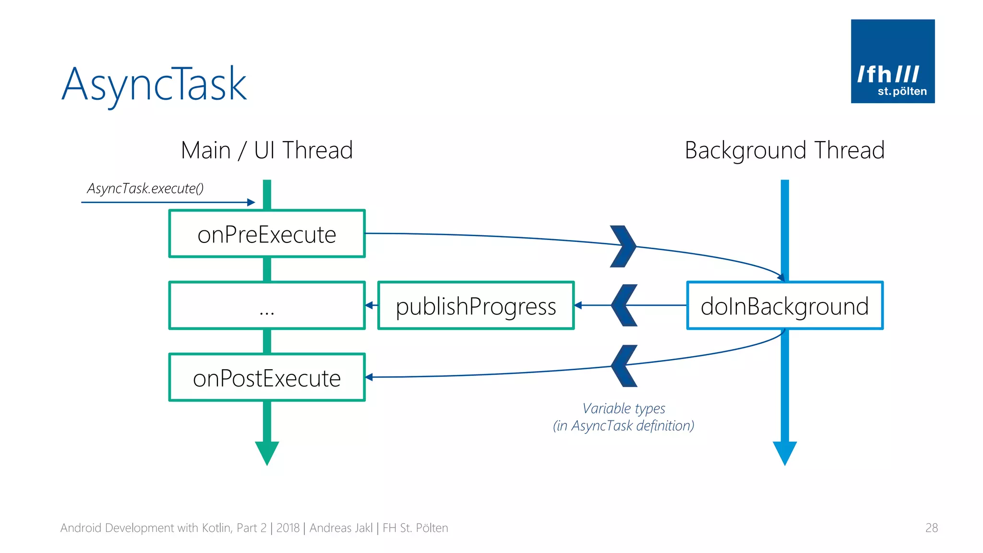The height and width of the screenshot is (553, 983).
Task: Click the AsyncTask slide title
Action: coord(154,84)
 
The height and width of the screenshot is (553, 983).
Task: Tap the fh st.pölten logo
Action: coord(892,61)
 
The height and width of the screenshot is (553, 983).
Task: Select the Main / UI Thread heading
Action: coord(267,150)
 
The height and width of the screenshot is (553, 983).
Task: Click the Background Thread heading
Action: coord(784,150)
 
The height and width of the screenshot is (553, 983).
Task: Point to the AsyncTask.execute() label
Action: coord(145,188)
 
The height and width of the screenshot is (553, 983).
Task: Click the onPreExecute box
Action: coord(267,234)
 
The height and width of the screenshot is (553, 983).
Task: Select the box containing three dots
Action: coord(267,305)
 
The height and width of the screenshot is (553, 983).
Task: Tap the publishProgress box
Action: coord(476,305)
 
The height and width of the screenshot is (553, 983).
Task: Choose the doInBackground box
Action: coord(784,305)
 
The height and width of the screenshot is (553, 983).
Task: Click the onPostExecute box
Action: coord(267,377)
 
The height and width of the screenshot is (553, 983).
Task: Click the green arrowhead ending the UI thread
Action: coord(267,453)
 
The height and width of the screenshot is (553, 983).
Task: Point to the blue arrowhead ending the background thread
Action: coord(784,453)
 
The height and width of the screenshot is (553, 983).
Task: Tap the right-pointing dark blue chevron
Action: coord(623,246)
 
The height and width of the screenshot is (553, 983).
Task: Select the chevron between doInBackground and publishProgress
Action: coord(624,305)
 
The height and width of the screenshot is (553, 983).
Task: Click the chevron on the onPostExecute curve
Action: coord(624,366)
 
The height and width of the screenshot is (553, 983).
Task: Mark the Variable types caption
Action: coord(623,417)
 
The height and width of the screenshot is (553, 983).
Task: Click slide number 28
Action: coord(931,528)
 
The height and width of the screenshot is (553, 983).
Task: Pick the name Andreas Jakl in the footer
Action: coord(341,528)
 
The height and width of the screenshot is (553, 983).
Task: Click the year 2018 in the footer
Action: coord(288,528)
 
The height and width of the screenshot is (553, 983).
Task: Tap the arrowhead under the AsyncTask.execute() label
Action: coord(251,202)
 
